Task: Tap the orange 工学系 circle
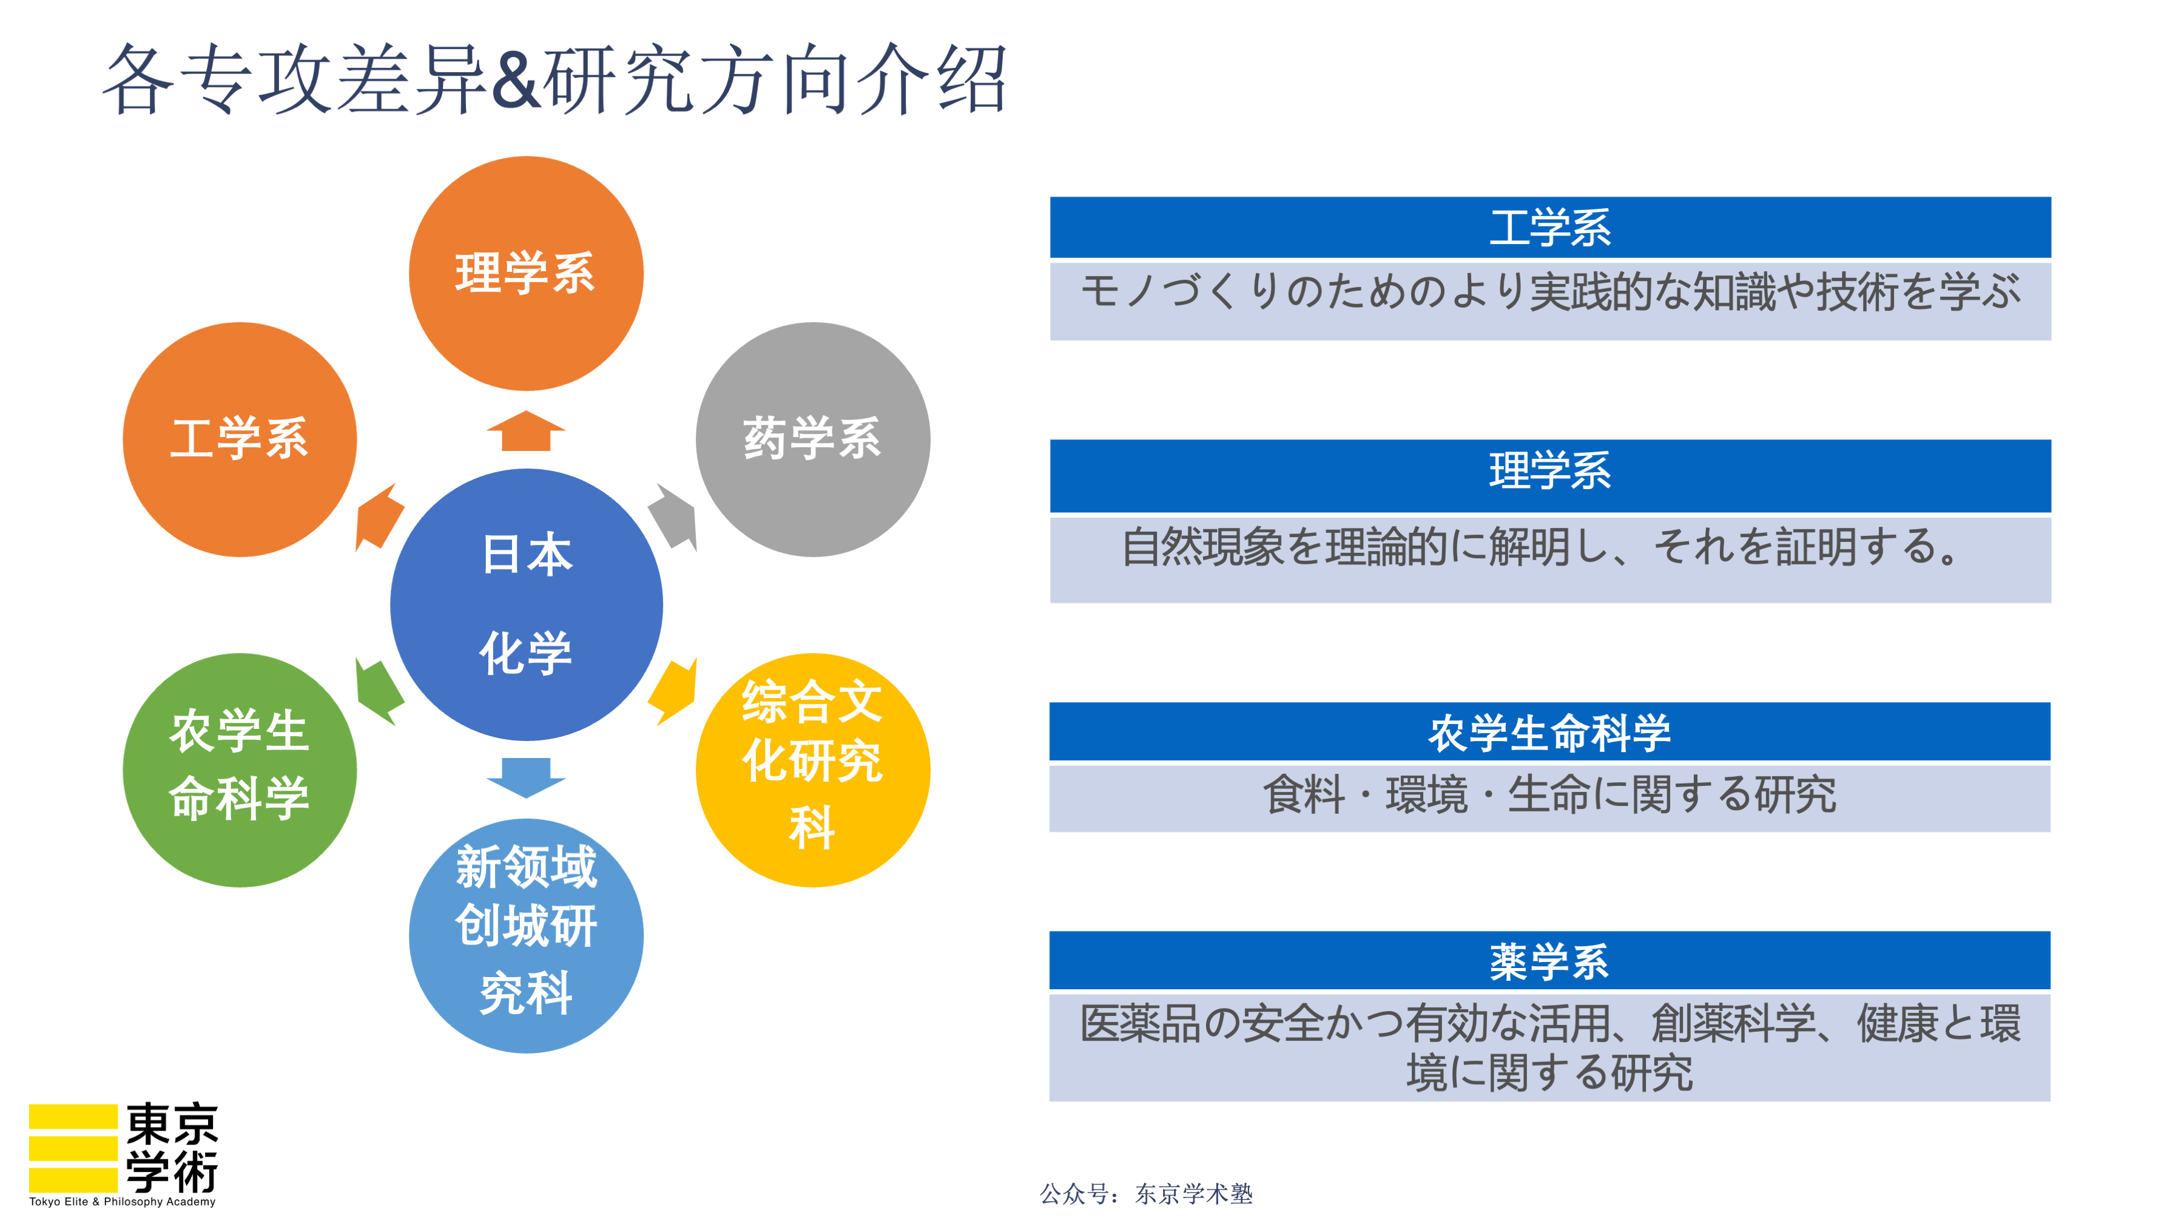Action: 240,439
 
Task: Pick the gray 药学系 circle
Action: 812,439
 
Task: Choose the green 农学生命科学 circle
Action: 240,770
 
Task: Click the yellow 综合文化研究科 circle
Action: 812,770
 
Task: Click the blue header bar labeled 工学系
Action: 1550,228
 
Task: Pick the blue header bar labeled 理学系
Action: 1550,475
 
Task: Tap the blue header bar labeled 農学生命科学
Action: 1550,731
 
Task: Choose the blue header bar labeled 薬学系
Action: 1550,960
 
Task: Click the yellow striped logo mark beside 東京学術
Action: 73,1148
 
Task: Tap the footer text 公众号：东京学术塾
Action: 1146,1194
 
